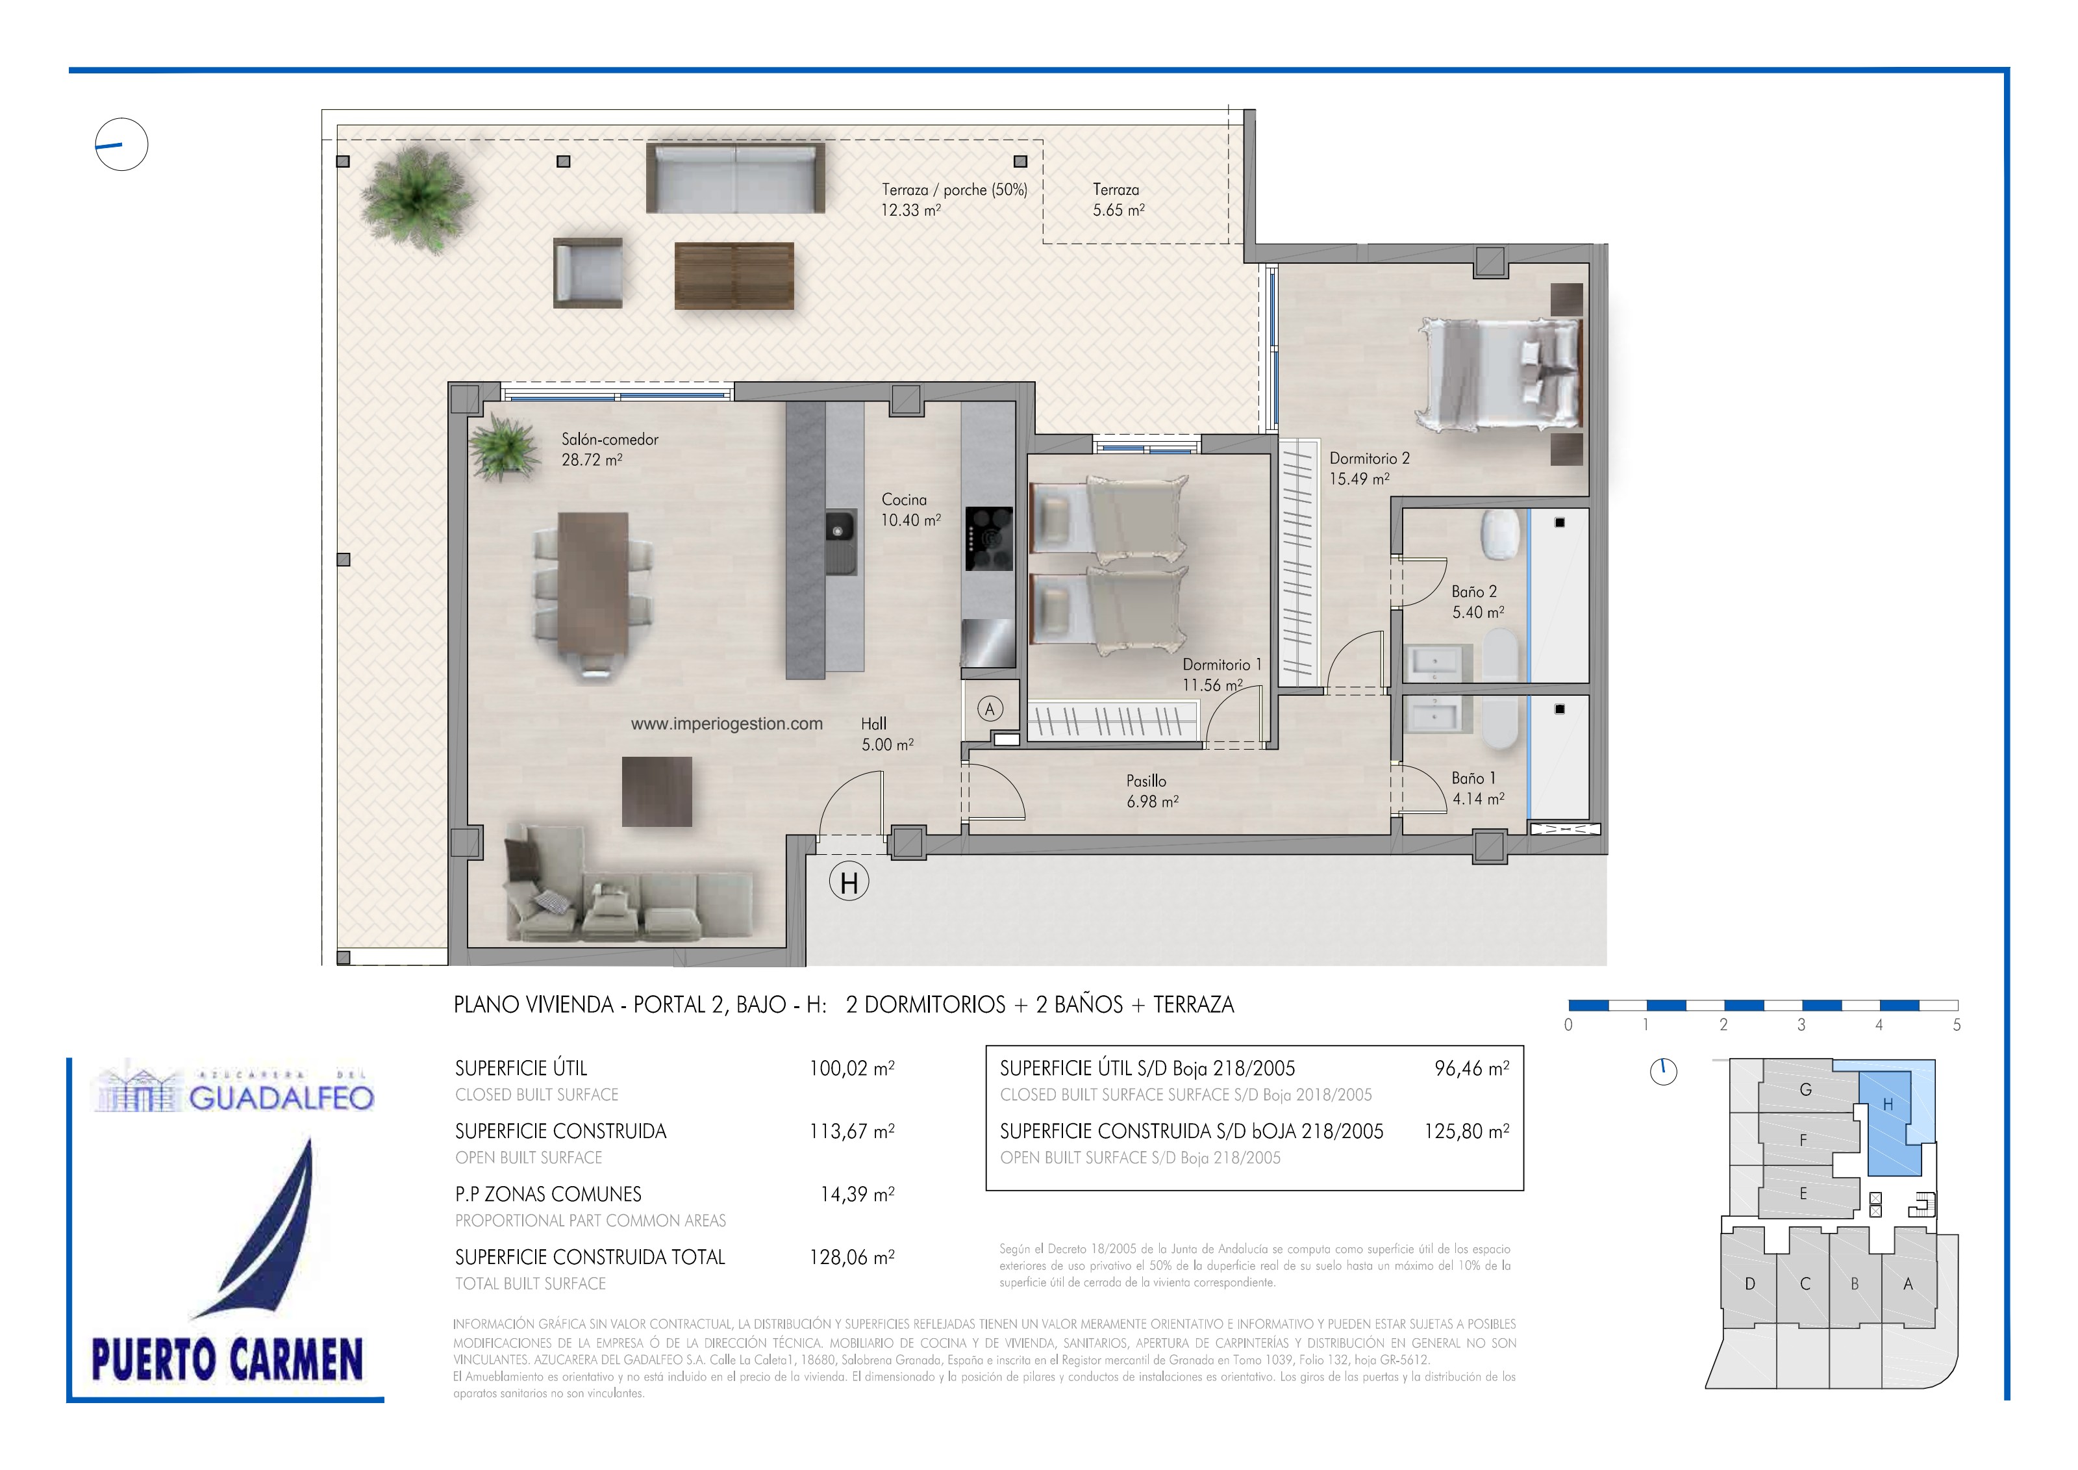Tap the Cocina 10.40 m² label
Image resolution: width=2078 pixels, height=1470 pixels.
click(x=910, y=510)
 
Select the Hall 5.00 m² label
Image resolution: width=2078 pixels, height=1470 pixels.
click(x=887, y=734)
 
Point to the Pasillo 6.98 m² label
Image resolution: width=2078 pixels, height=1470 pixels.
click(x=1151, y=791)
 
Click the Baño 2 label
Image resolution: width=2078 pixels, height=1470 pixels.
click(x=1474, y=591)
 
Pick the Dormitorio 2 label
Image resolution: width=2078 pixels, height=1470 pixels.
click(x=1368, y=458)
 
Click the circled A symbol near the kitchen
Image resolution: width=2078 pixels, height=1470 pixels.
click(x=989, y=709)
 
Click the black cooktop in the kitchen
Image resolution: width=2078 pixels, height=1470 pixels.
click(x=988, y=538)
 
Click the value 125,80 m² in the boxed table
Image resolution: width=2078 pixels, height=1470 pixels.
click(x=1466, y=1132)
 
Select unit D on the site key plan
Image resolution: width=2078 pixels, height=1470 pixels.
click(x=1749, y=1284)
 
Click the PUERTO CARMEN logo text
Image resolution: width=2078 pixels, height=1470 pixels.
click(x=227, y=1359)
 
